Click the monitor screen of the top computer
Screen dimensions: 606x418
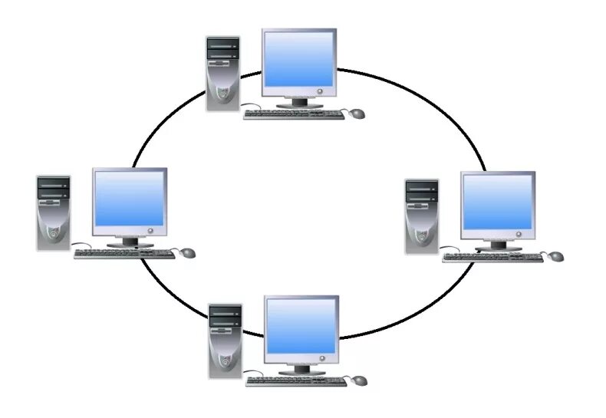299,63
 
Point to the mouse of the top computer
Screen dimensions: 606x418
357,114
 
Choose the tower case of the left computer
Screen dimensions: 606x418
54,213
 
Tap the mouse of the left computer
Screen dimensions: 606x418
188,252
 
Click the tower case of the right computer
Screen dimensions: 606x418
422,216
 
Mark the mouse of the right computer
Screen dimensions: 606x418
556,255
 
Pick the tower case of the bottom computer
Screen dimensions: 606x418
226,341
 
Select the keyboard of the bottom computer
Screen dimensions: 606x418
295,380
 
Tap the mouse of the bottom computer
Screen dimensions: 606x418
359,380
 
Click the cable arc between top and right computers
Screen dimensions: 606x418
430,100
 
